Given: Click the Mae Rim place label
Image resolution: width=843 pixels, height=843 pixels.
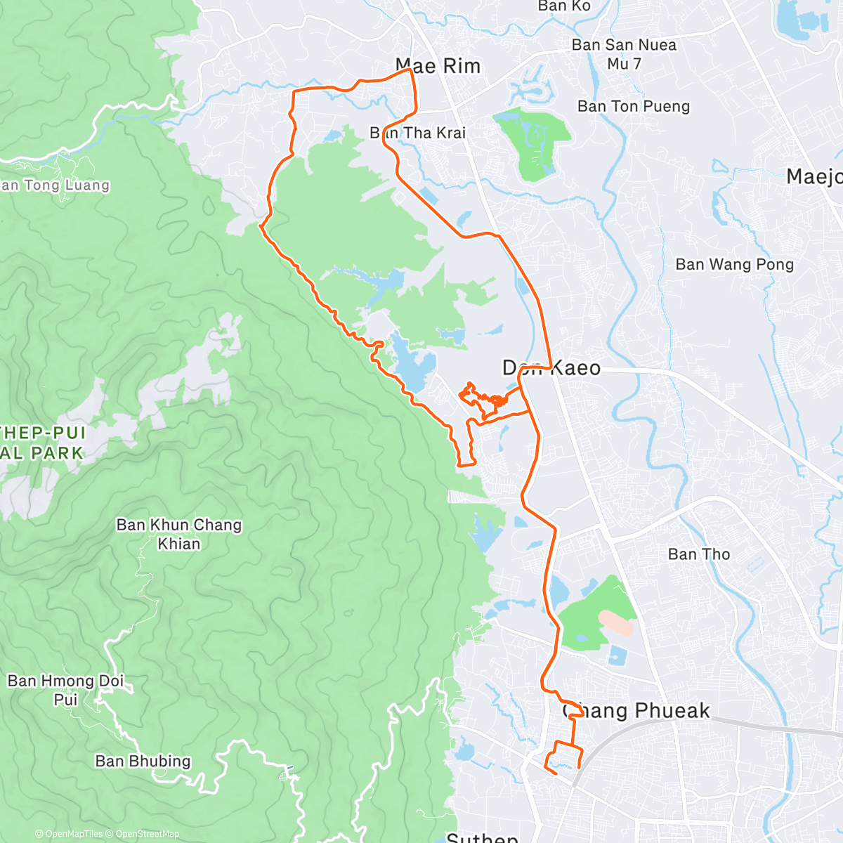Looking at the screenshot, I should coord(438,66).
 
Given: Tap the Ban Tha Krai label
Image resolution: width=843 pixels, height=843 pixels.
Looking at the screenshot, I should coord(418,133).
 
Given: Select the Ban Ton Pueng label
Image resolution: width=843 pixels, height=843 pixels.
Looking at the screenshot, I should coord(634,106).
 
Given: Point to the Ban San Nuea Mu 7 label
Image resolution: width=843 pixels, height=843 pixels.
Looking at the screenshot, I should coord(624,54).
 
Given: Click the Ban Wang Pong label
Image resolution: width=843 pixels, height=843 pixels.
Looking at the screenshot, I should coord(734,265).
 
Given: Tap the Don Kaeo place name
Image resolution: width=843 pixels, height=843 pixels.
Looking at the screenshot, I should coord(551,367).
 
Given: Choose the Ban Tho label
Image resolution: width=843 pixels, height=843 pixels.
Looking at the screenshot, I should coord(698,554).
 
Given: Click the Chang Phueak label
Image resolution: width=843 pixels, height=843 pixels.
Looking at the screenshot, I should coord(636,711).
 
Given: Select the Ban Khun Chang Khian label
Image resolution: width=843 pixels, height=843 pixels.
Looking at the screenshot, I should coord(178,534).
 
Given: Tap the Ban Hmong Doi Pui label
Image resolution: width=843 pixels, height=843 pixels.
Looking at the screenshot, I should coord(66,690).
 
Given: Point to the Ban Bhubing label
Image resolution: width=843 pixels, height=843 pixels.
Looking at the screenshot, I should coord(143,762).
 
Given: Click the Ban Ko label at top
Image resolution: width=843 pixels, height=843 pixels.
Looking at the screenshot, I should coord(564,6).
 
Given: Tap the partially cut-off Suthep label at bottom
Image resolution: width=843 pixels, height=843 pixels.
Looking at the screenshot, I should coord(482,837).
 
